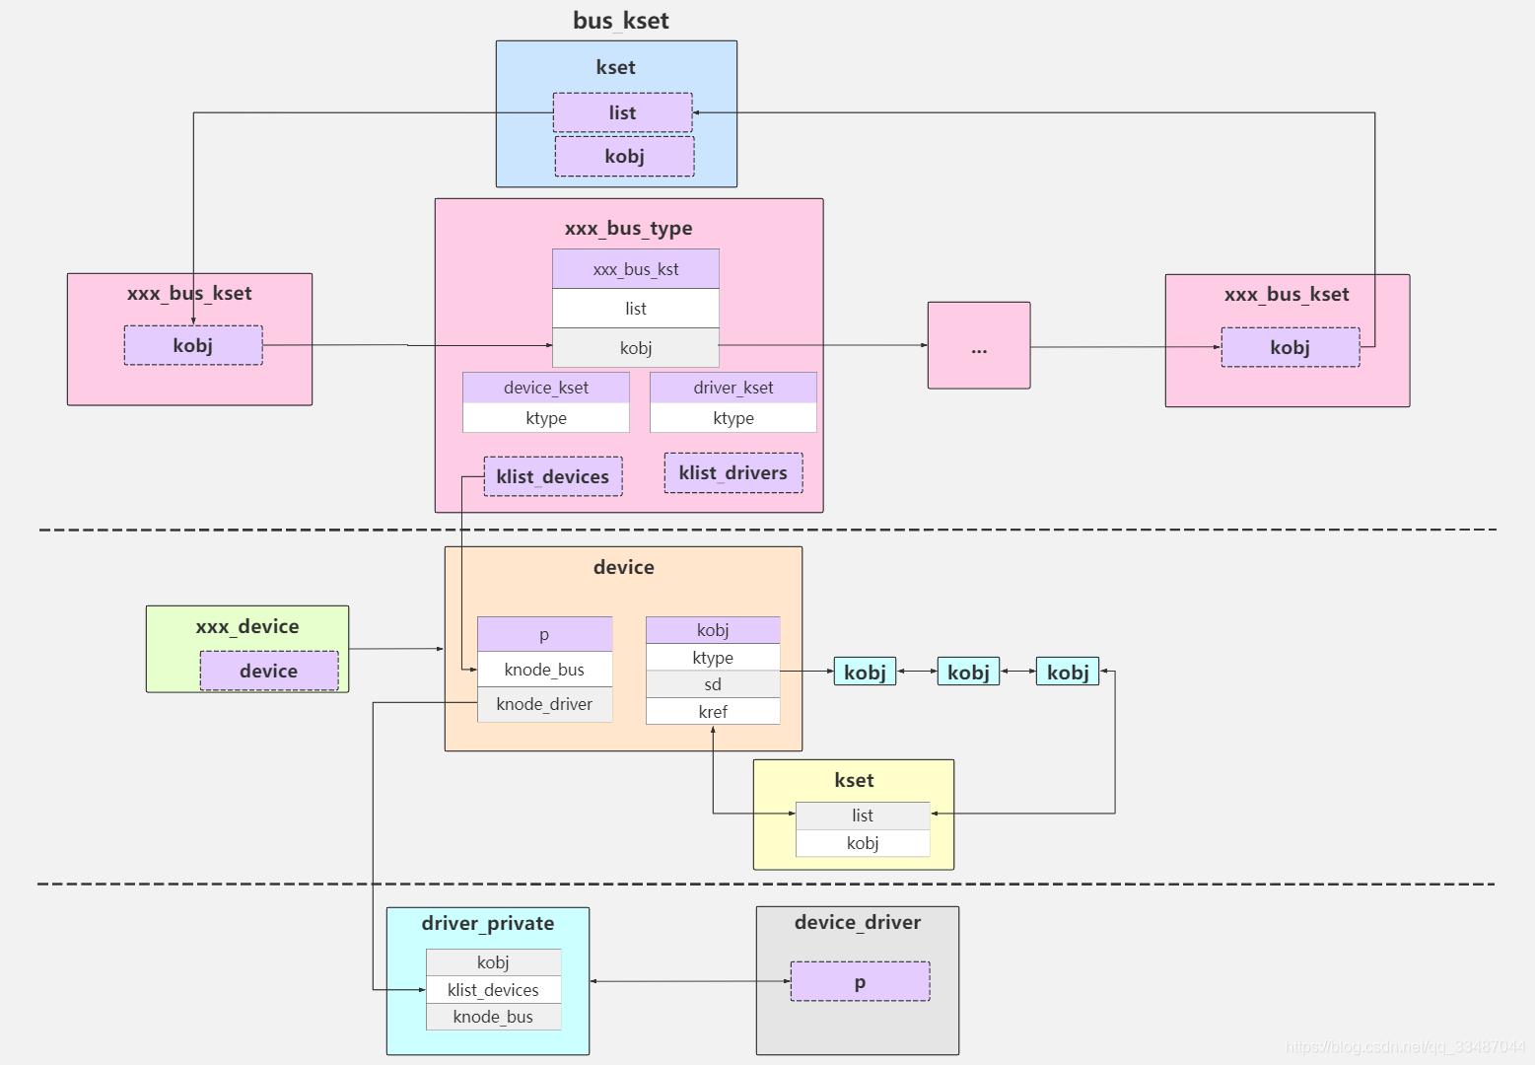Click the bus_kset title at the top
click(621, 21)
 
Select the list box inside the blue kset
click(622, 112)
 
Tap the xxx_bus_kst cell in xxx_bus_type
click(636, 269)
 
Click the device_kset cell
click(546, 388)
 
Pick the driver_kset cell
click(733, 388)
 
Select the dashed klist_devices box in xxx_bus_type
click(553, 476)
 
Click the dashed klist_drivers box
click(733, 473)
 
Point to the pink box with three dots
click(979, 346)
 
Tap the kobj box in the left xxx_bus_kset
click(193, 345)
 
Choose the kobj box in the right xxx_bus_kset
click(1291, 347)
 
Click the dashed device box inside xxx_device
click(269, 671)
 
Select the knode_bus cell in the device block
click(544, 670)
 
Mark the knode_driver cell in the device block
click(544, 704)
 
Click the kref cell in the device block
click(713, 712)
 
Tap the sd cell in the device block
click(713, 684)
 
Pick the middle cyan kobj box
click(968, 672)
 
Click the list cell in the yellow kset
click(863, 816)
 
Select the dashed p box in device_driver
click(861, 982)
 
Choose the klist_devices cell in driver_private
click(493, 990)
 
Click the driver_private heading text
click(488, 924)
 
